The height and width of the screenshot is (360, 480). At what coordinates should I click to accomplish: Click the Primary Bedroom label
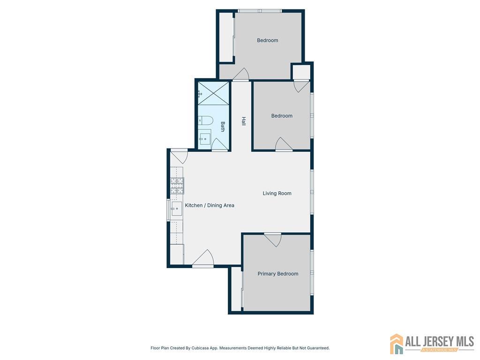pos(277,274)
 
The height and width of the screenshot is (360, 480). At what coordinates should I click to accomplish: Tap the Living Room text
pos(277,193)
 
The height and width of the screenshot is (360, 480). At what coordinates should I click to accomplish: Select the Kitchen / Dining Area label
pos(210,205)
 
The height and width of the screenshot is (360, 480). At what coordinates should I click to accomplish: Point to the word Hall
pos(243,121)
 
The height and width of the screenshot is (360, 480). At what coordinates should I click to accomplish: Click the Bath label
pos(223,127)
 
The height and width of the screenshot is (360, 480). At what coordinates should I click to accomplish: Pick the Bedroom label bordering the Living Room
pos(282,116)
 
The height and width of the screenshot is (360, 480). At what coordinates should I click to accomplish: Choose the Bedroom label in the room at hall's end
pos(267,40)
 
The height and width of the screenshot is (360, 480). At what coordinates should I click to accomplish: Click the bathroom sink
pos(204,139)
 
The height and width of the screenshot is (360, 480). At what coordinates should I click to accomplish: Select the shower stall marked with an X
pos(213,93)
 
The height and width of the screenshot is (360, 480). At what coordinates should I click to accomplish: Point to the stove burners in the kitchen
pos(177,186)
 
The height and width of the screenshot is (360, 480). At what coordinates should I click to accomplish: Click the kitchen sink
pos(176,209)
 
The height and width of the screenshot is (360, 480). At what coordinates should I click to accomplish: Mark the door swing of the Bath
pos(219,145)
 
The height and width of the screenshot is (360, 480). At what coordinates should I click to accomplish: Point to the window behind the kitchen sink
pos(168,209)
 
